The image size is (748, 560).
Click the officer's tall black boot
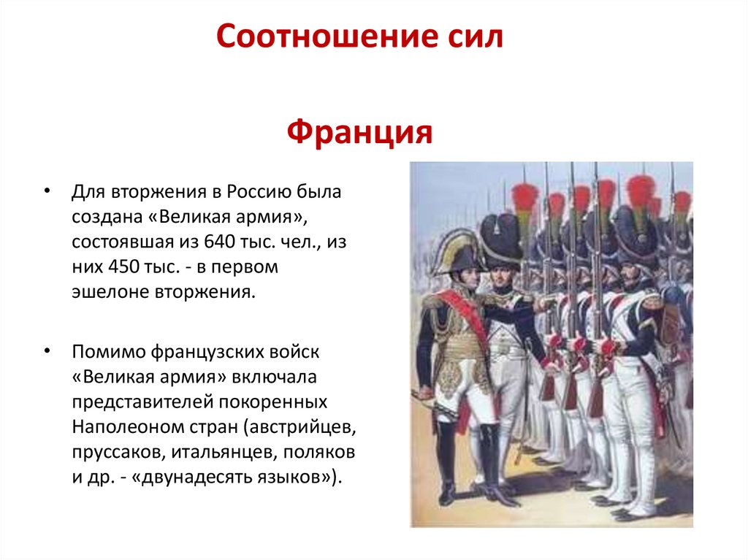coord(446,460)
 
